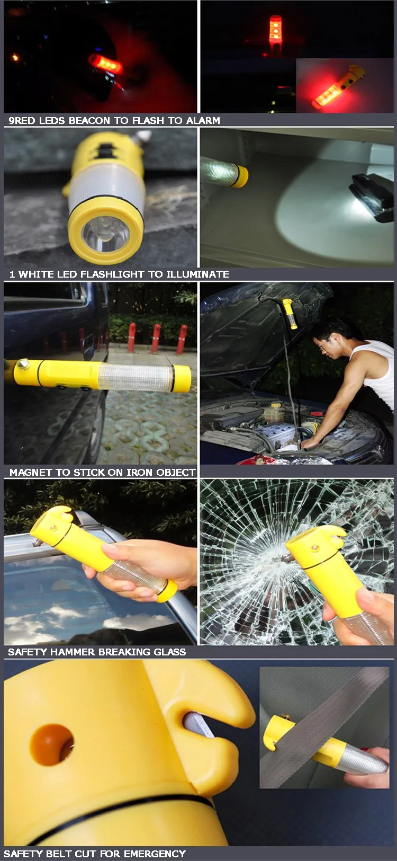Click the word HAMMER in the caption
[x=74, y=652]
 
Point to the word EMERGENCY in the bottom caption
[x=155, y=854]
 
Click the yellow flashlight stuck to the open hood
[x=290, y=313]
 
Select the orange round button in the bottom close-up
[x=51, y=745]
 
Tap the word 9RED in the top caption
[x=22, y=121]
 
